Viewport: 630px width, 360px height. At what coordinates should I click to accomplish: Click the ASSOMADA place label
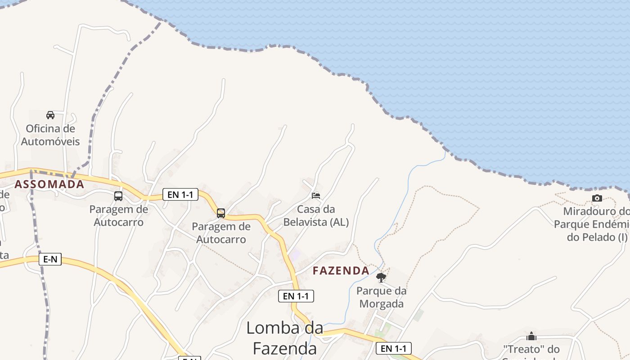coord(49,184)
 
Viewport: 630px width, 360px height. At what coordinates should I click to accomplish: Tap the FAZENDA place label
coord(341,270)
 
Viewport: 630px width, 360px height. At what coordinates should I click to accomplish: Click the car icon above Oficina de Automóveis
coord(50,115)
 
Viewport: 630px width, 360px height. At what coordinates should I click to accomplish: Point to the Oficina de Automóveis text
coord(50,135)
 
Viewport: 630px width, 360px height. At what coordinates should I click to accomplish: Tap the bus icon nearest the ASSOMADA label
coord(118,196)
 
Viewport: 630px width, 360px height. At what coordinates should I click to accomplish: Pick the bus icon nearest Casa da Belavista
coord(221,213)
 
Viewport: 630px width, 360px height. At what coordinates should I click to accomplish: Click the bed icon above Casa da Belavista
coord(316,196)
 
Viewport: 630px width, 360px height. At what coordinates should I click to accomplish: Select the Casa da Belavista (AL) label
coord(316,216)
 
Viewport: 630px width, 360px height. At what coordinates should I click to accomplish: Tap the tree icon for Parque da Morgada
coord(381,277)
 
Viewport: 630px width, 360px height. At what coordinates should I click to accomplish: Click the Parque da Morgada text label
coord(381,297)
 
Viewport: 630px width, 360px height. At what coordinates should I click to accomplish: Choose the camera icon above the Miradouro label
coord(597,198)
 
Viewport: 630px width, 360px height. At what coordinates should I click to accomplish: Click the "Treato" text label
coord(531,349)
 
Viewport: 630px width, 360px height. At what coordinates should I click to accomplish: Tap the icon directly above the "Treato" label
coord(531,337)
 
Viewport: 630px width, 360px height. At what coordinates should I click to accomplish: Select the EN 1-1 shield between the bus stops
coord(180,194)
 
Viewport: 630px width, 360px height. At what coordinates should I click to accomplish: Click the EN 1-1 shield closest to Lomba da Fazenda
coord(296,296)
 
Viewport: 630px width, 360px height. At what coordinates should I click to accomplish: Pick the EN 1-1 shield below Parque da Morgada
coord(394,348)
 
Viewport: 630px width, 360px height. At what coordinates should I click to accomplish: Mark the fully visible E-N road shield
coord(50,259)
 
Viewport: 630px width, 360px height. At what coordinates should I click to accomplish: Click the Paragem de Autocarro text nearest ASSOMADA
coord(118,216)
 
